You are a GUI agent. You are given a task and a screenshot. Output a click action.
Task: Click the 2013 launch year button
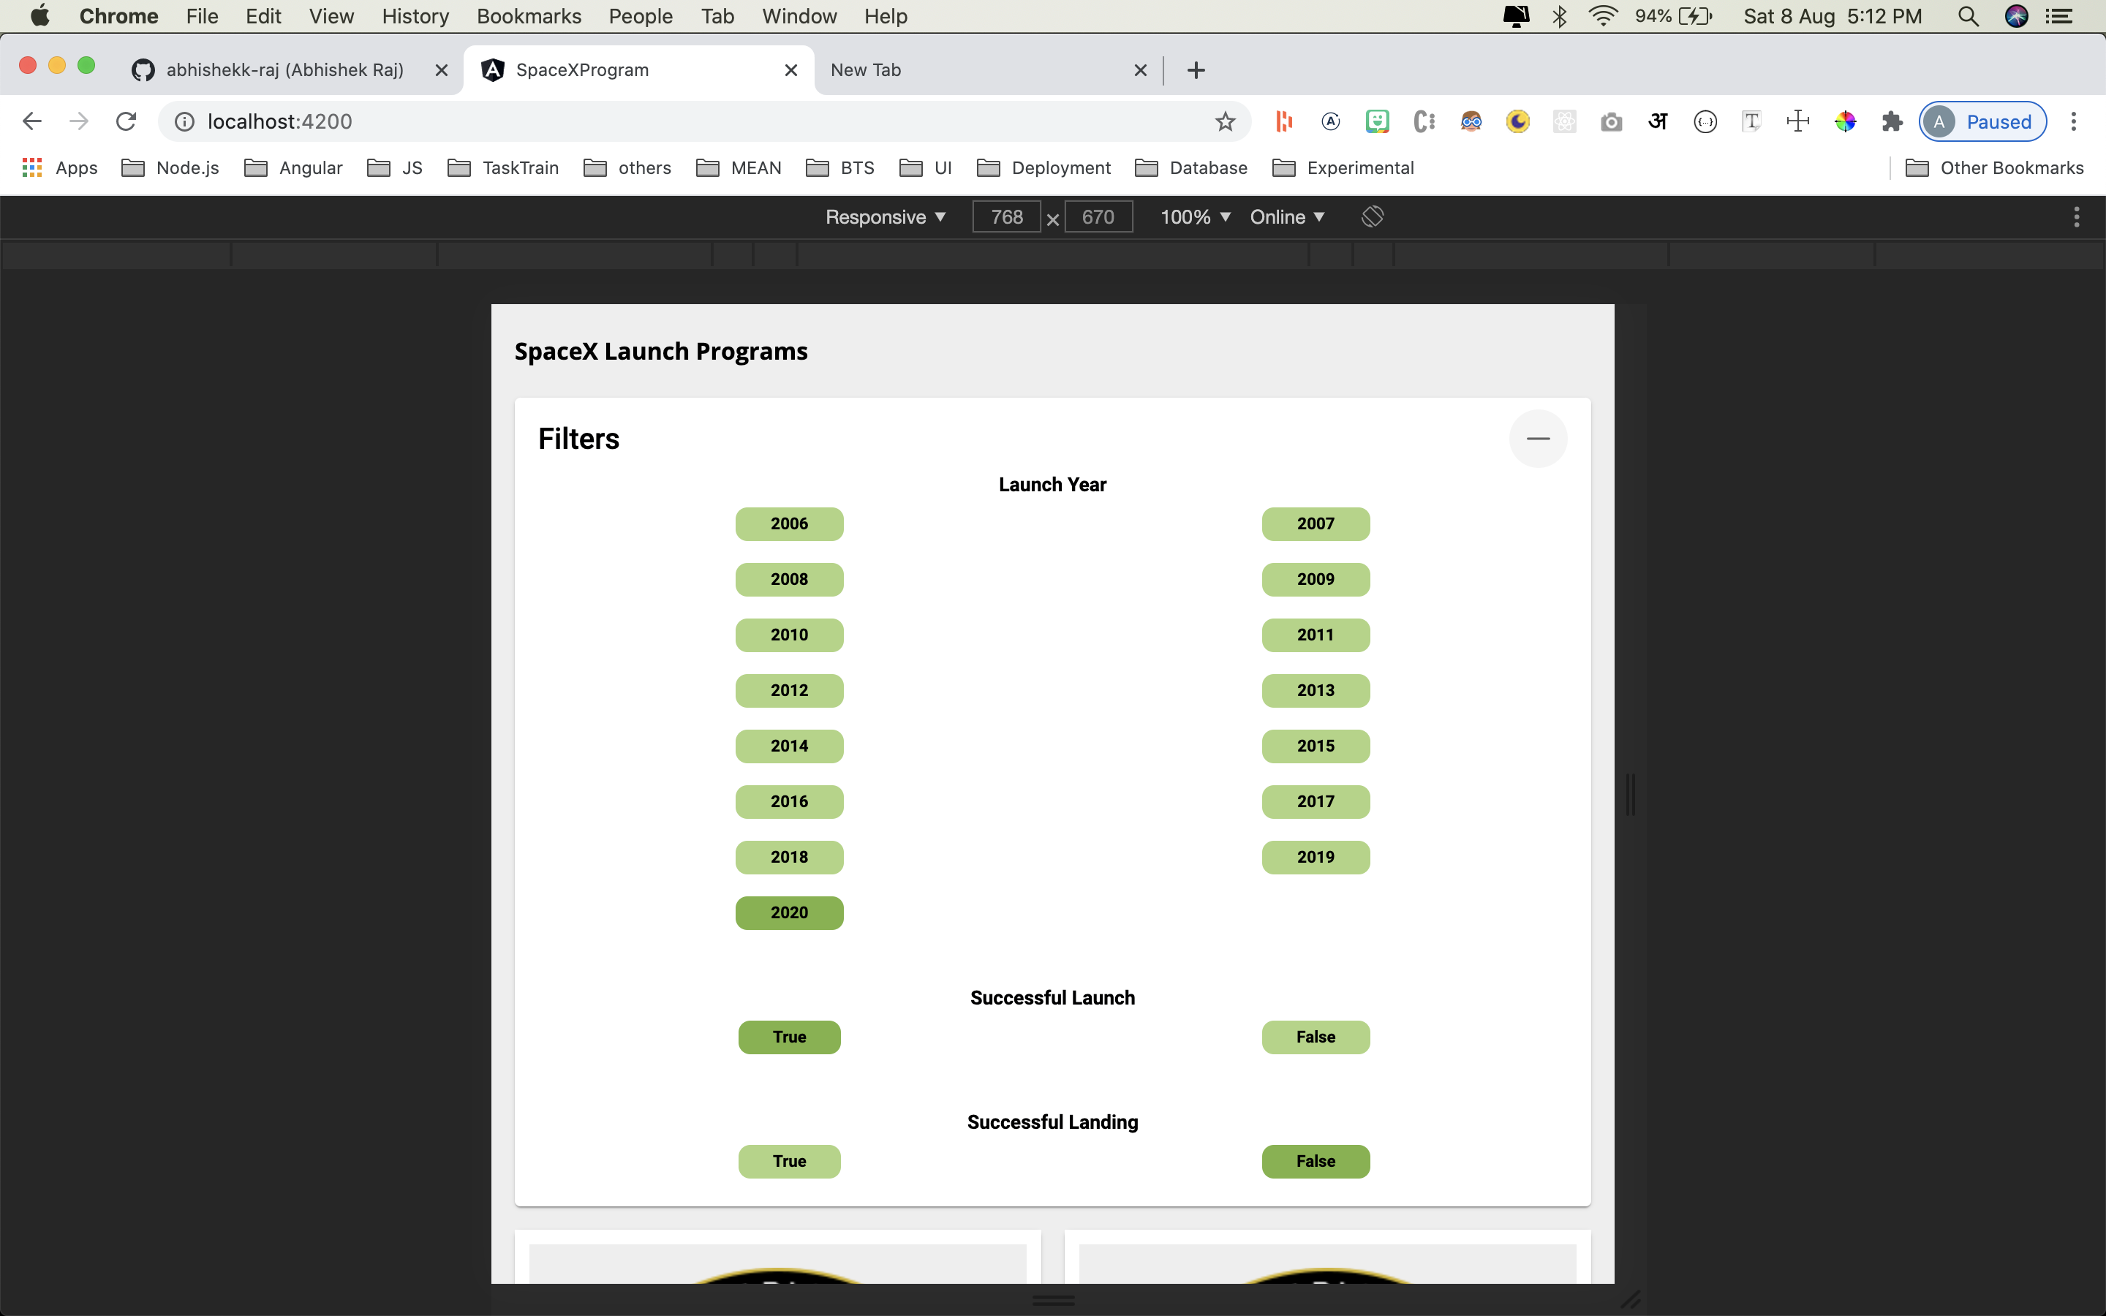(1316, 690)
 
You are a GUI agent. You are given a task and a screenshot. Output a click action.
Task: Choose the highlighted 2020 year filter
(789, 913)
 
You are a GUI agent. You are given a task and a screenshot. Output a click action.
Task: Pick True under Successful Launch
(789, 1037)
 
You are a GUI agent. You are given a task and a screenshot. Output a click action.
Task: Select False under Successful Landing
(1316, 1162)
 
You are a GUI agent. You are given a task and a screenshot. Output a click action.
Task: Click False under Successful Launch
(1316, 1037)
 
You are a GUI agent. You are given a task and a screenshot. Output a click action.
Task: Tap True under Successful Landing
(789, 1162)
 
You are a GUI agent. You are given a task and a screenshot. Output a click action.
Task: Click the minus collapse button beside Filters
(1538, 439)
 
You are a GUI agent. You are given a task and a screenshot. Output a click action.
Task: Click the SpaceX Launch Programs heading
(661, 352)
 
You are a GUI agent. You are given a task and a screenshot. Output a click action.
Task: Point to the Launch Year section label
(1052, 485)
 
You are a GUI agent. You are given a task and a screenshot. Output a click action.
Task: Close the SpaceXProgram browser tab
(791, 70)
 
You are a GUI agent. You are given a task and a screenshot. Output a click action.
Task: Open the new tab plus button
(1196, 70)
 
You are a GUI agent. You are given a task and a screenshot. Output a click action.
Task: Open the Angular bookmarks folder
(293, 168)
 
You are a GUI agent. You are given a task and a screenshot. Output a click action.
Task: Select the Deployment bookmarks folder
(1043, 168)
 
